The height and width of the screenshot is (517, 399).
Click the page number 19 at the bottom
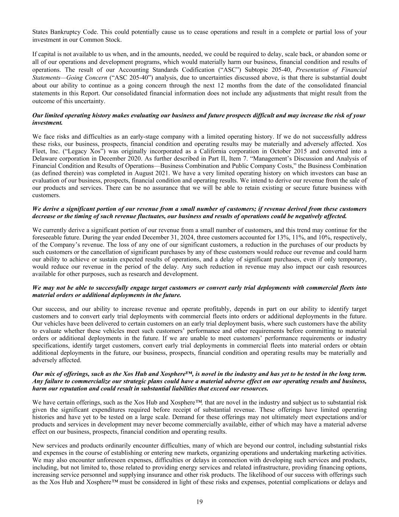point(199,502)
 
